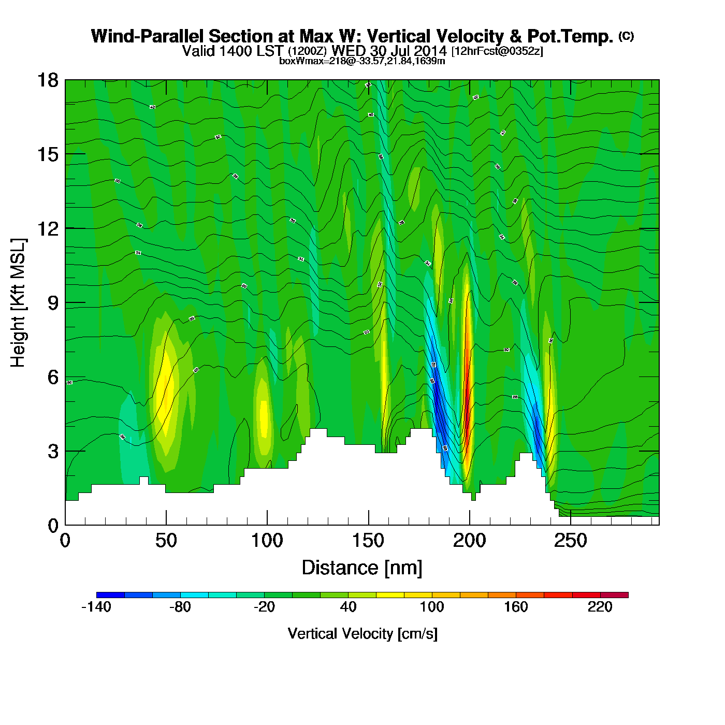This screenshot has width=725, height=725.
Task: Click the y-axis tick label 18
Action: pos(47,80)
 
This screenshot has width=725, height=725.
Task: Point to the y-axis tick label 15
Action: pos(47,154)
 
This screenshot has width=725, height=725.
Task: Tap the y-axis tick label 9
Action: pos(53,303)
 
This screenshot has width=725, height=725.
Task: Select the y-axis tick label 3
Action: pos(53,452)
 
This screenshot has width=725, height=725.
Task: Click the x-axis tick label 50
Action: pos(166,541)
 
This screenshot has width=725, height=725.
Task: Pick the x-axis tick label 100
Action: pos(267,541)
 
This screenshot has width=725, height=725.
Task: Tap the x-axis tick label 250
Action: pos(570,541)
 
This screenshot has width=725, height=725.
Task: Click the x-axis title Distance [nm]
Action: pos(362,568)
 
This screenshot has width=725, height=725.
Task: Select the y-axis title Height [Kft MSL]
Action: pos(18,303)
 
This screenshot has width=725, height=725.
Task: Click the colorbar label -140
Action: pos(96,607)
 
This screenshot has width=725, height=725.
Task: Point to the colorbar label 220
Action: pos(600,607)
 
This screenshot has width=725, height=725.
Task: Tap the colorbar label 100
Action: pos(432,607)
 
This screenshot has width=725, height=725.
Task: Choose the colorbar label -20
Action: pos(264,607)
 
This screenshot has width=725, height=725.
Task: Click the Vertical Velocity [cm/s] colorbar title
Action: pos(362,634)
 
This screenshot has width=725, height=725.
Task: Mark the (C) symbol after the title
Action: pos(626,36)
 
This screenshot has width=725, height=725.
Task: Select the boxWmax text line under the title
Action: pos(362,61)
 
